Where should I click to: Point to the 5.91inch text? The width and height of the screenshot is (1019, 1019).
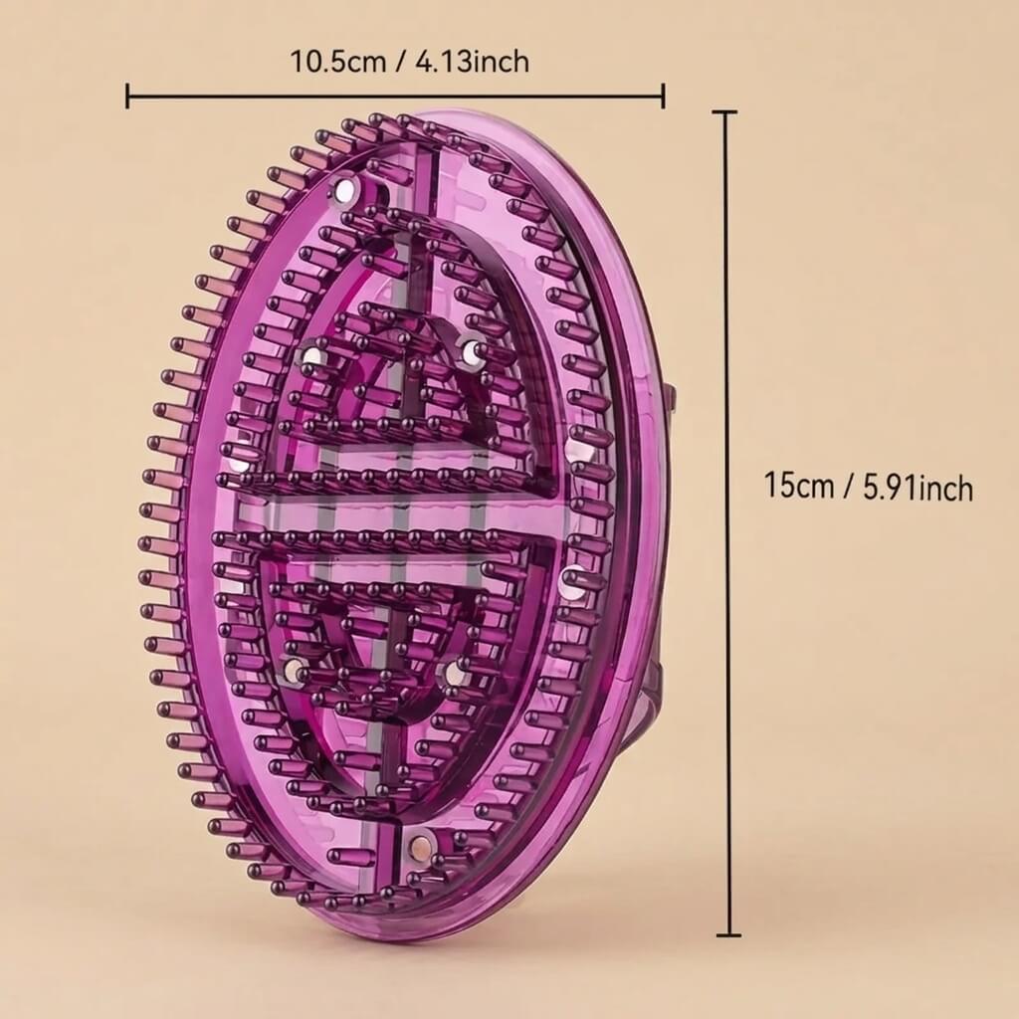coord(917,488)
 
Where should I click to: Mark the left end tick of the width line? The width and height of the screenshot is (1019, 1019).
coord(128,96)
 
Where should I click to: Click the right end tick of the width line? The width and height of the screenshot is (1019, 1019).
coord(663,96)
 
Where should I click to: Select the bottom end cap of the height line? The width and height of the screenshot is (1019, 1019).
coord(727,935)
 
